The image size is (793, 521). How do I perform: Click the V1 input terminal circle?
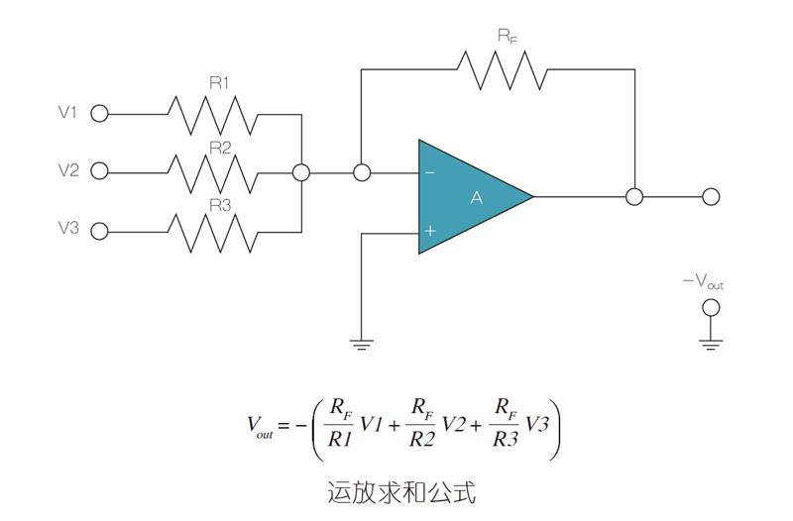tap(99, 114)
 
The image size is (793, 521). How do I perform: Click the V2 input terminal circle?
tap(99, 171)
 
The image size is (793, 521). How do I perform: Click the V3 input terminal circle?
tap(99, 230)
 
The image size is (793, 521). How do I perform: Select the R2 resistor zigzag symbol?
tap(215, 172)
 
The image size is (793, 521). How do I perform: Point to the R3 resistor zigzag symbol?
tap(215, 231)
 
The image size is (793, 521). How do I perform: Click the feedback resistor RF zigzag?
tap(500, 69)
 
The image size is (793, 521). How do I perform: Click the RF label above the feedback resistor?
tap(507, 36)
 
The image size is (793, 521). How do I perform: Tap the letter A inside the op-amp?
tap(476, 198)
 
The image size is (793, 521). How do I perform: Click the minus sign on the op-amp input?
tap(430, 172)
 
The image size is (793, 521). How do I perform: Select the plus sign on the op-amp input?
tap(430, 231)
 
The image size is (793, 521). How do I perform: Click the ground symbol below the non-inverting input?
tap(362, 344)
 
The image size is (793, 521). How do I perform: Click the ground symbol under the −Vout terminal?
tap(710, 343)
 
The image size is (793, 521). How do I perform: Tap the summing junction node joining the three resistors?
tap(301, 172)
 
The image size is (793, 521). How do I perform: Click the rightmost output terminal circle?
tap(711, 196)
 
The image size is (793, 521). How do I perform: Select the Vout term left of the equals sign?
tap(260, 427)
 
